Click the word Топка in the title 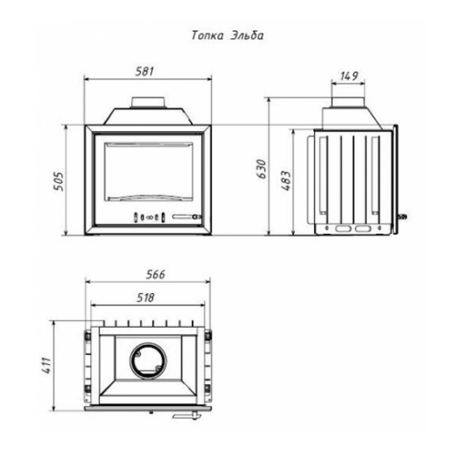point(207,35)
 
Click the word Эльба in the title point(248,35)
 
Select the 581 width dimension point(145,72)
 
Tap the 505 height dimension point(58,181)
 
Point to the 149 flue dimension point(349,76)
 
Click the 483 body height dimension point(287,181)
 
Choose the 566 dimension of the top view point(156,275)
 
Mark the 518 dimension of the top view point(146,298)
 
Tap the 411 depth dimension point(46,365)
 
